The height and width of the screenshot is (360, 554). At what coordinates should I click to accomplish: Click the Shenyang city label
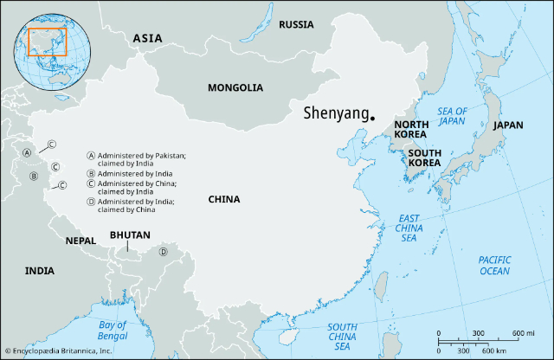pyautogui.click(x=335, y=112)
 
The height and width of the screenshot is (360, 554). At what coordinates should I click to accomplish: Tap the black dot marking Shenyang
pyautogui.click(x=372, y=118)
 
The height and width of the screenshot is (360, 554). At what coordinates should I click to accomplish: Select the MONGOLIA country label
pyautogui.click(x=235, y=87)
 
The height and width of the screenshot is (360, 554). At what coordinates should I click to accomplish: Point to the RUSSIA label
pyautogui.click(x=296, y=24)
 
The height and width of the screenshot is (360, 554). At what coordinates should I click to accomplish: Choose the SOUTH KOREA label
pyautogui.click(x=425, y=157)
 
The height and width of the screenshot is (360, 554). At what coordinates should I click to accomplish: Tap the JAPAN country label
pyautogui.click(x=508, y=125)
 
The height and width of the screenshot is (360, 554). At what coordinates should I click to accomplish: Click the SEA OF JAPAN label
pyautogui.click(x=451, y=116)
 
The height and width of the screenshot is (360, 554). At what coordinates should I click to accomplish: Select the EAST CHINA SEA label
pyautogui.click(x=409, y=227)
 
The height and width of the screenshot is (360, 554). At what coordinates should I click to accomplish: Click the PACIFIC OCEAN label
pyautogui.click(x=495, y=265)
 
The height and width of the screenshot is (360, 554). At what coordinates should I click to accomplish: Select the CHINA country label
pyautogui.click(x=223, y=200)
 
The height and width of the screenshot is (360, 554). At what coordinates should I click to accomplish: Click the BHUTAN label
pyautogui.click(x=130, y=235)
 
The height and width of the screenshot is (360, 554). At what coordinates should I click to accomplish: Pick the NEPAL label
pyautogui.click(x=81, y=241)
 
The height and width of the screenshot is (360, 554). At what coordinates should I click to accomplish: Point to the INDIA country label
pyautogui.click(x=39, y=271)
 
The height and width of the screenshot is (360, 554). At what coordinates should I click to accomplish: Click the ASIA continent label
pyautogui.click(x=147, y=38)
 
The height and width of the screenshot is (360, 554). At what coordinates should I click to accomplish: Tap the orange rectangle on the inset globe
pyautogui.click(x=47, y=42)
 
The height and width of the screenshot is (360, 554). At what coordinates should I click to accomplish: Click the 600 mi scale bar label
pyautogui.click(x=524, y=333)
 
